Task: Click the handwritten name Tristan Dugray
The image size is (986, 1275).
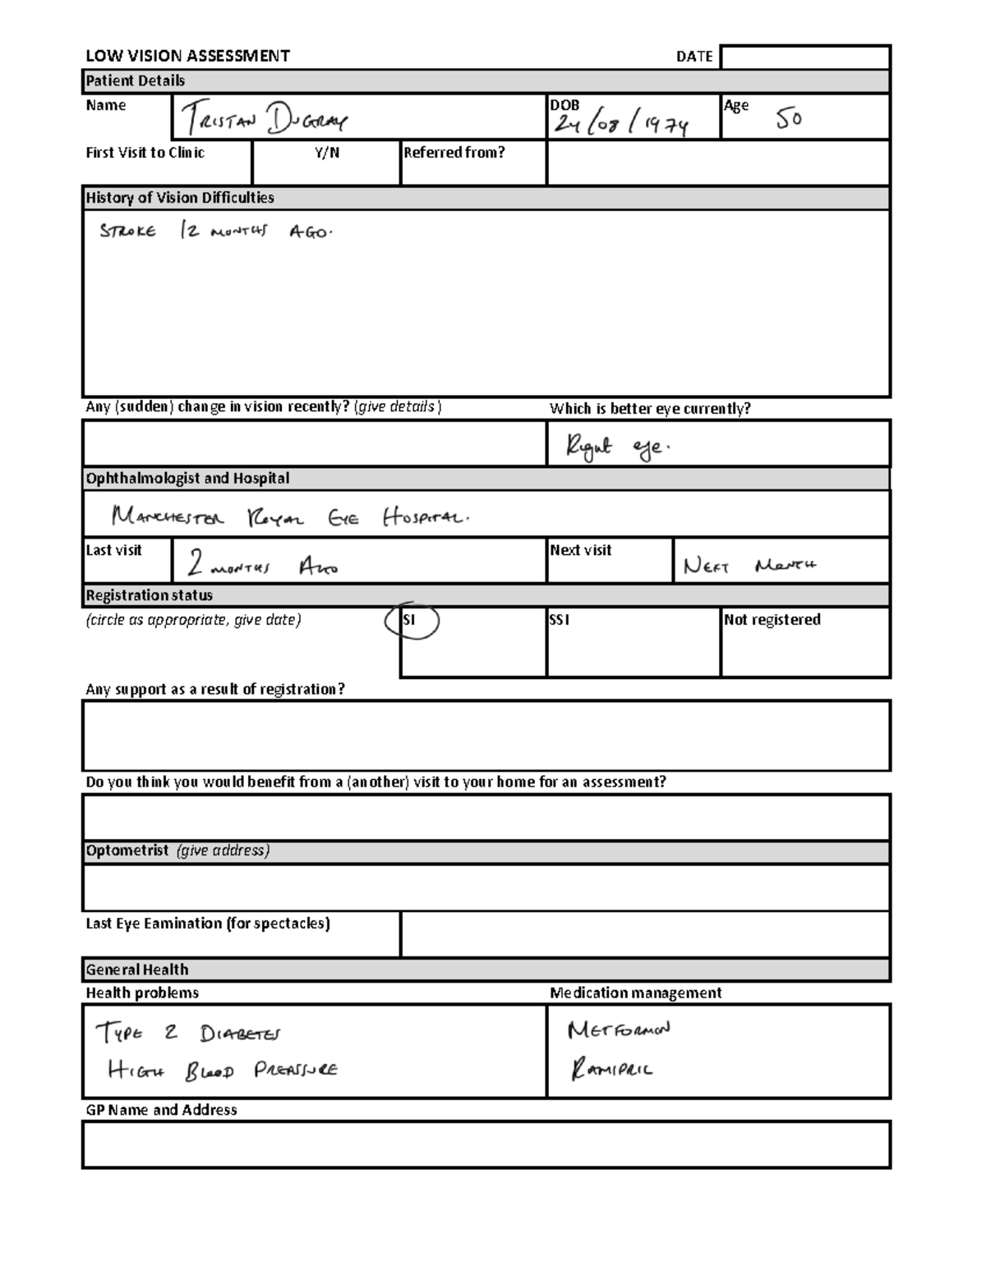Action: coord(265,122)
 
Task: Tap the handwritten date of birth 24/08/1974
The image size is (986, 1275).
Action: coord(621,124)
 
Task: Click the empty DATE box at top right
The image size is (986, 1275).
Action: coord(805,57)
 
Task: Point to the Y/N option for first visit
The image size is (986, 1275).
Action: coord(326,153)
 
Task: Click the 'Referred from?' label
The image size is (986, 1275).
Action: coord(454,153)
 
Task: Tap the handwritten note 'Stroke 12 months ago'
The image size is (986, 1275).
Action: coord(215,232)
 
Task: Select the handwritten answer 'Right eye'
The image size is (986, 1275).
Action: coord(617,447)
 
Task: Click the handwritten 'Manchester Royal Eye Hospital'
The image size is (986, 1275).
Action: coord(290,517)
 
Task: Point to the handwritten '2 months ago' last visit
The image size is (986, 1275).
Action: coord(261,565)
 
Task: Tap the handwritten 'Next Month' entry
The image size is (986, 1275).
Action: coord(749,566)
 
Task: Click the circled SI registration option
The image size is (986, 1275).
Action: coord(411,621)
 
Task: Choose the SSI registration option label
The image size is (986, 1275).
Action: coord(559,621)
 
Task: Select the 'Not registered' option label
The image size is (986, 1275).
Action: coord(772,620)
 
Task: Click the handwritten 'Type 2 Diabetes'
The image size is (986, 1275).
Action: coord(189,1033)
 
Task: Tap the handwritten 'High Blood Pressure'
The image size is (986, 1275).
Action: coord(222,1071)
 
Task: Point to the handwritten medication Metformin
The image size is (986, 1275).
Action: coord(619,1030)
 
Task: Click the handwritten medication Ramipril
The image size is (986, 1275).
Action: coord(611,1070)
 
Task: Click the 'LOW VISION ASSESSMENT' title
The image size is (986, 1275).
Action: coord(187,56)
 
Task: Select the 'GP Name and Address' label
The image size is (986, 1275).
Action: coord(161,1110)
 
